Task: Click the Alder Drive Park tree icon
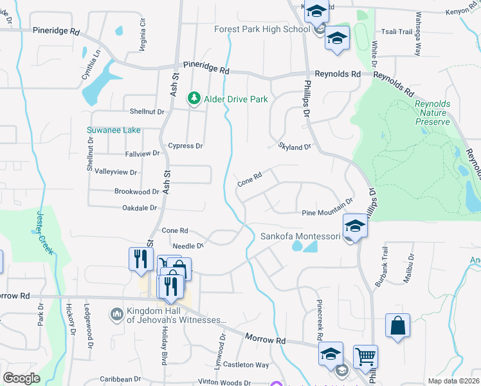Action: (193, 98)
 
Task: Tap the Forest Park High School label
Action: (262, 29)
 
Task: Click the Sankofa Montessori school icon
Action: (354, 226)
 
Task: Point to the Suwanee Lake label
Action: (113, 130)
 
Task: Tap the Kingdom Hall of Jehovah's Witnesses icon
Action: (116, 314)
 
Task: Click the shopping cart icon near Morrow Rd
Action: (365, 356)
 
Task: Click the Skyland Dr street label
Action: (295, 147)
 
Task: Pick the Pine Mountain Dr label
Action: (327, 213)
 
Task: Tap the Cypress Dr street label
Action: (185, 146)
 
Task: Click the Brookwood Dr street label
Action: (136, 192)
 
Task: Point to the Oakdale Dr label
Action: (140, 208)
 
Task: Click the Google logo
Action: (21, 378)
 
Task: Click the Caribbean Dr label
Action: (119, 380)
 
